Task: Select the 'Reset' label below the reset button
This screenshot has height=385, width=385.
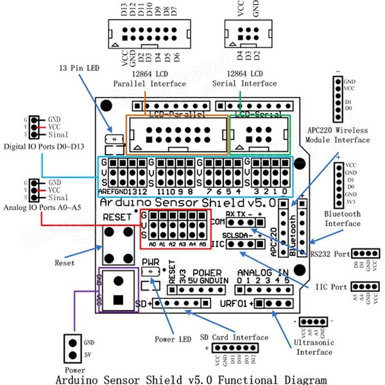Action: [x=64, y=263]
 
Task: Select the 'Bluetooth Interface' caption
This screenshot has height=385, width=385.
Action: [x=342, y=219]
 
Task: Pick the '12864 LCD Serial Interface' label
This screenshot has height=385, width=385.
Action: [x=252, y=79]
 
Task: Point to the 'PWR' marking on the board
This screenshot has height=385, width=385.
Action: [x=151, y=262]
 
